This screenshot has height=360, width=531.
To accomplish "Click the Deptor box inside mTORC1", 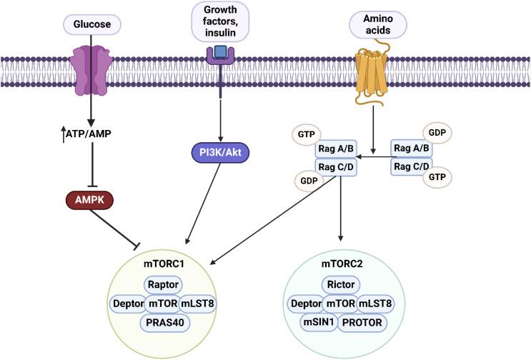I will coord(128,303).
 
